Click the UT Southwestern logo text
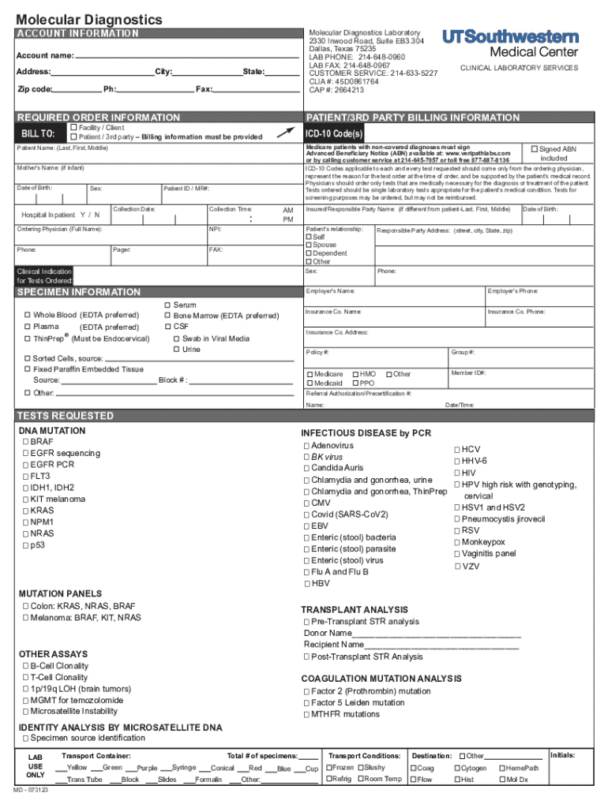[x=511, y=37]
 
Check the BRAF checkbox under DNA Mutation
[x=25, y=443]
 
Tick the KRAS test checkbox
[x=25, y=511]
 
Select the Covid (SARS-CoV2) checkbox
[x=306, y=514]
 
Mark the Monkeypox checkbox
[x=457, y=542]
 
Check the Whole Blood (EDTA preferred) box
[x=28, y=316]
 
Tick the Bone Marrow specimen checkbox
[x=167, y=316]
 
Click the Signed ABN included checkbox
[x=535, y=148]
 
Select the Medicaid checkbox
[x=309, y=383]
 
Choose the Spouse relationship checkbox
[x=309, y=245]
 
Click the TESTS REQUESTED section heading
[x=66, y=416]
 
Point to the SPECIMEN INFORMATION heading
[x=79, y=292]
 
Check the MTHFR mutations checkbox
[x=306, y=714]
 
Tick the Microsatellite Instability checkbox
[x=25, y=711]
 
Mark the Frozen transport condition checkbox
[x=328, y=768]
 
